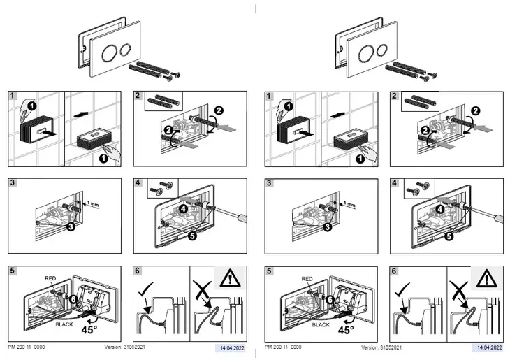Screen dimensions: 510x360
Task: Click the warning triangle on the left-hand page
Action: click(230, 278)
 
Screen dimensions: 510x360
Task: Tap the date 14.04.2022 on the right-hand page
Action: click(490, 347)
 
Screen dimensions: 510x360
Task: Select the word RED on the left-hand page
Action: click(50, 278)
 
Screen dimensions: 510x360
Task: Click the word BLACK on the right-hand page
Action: click(321, 324)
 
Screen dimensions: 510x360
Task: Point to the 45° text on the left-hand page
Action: click(89, 329)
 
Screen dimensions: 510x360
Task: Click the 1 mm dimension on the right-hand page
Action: click(349, 205)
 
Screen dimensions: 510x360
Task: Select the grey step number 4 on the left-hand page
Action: click(138, 182)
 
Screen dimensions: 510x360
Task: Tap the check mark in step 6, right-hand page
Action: click(402, 289)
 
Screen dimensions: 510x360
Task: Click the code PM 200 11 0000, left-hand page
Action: click(27, 347)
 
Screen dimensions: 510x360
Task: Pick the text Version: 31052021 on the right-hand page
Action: click(381, 347)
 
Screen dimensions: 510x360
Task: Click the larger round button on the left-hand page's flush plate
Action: click(110, 53)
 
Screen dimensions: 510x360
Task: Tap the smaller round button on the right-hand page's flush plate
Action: click(382, 50)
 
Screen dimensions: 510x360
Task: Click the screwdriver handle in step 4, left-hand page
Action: click(241, 217)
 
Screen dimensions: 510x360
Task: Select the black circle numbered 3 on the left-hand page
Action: click(71, 226)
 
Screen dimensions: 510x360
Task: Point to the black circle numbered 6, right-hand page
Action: click(330, 299)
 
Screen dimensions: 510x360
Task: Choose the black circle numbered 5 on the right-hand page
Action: click(449, 236)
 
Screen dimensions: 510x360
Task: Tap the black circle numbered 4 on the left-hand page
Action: click(184, 208)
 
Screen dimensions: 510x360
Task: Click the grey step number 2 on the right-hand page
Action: click(394, 96)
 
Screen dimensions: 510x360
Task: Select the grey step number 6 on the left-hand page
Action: click(138, 271)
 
